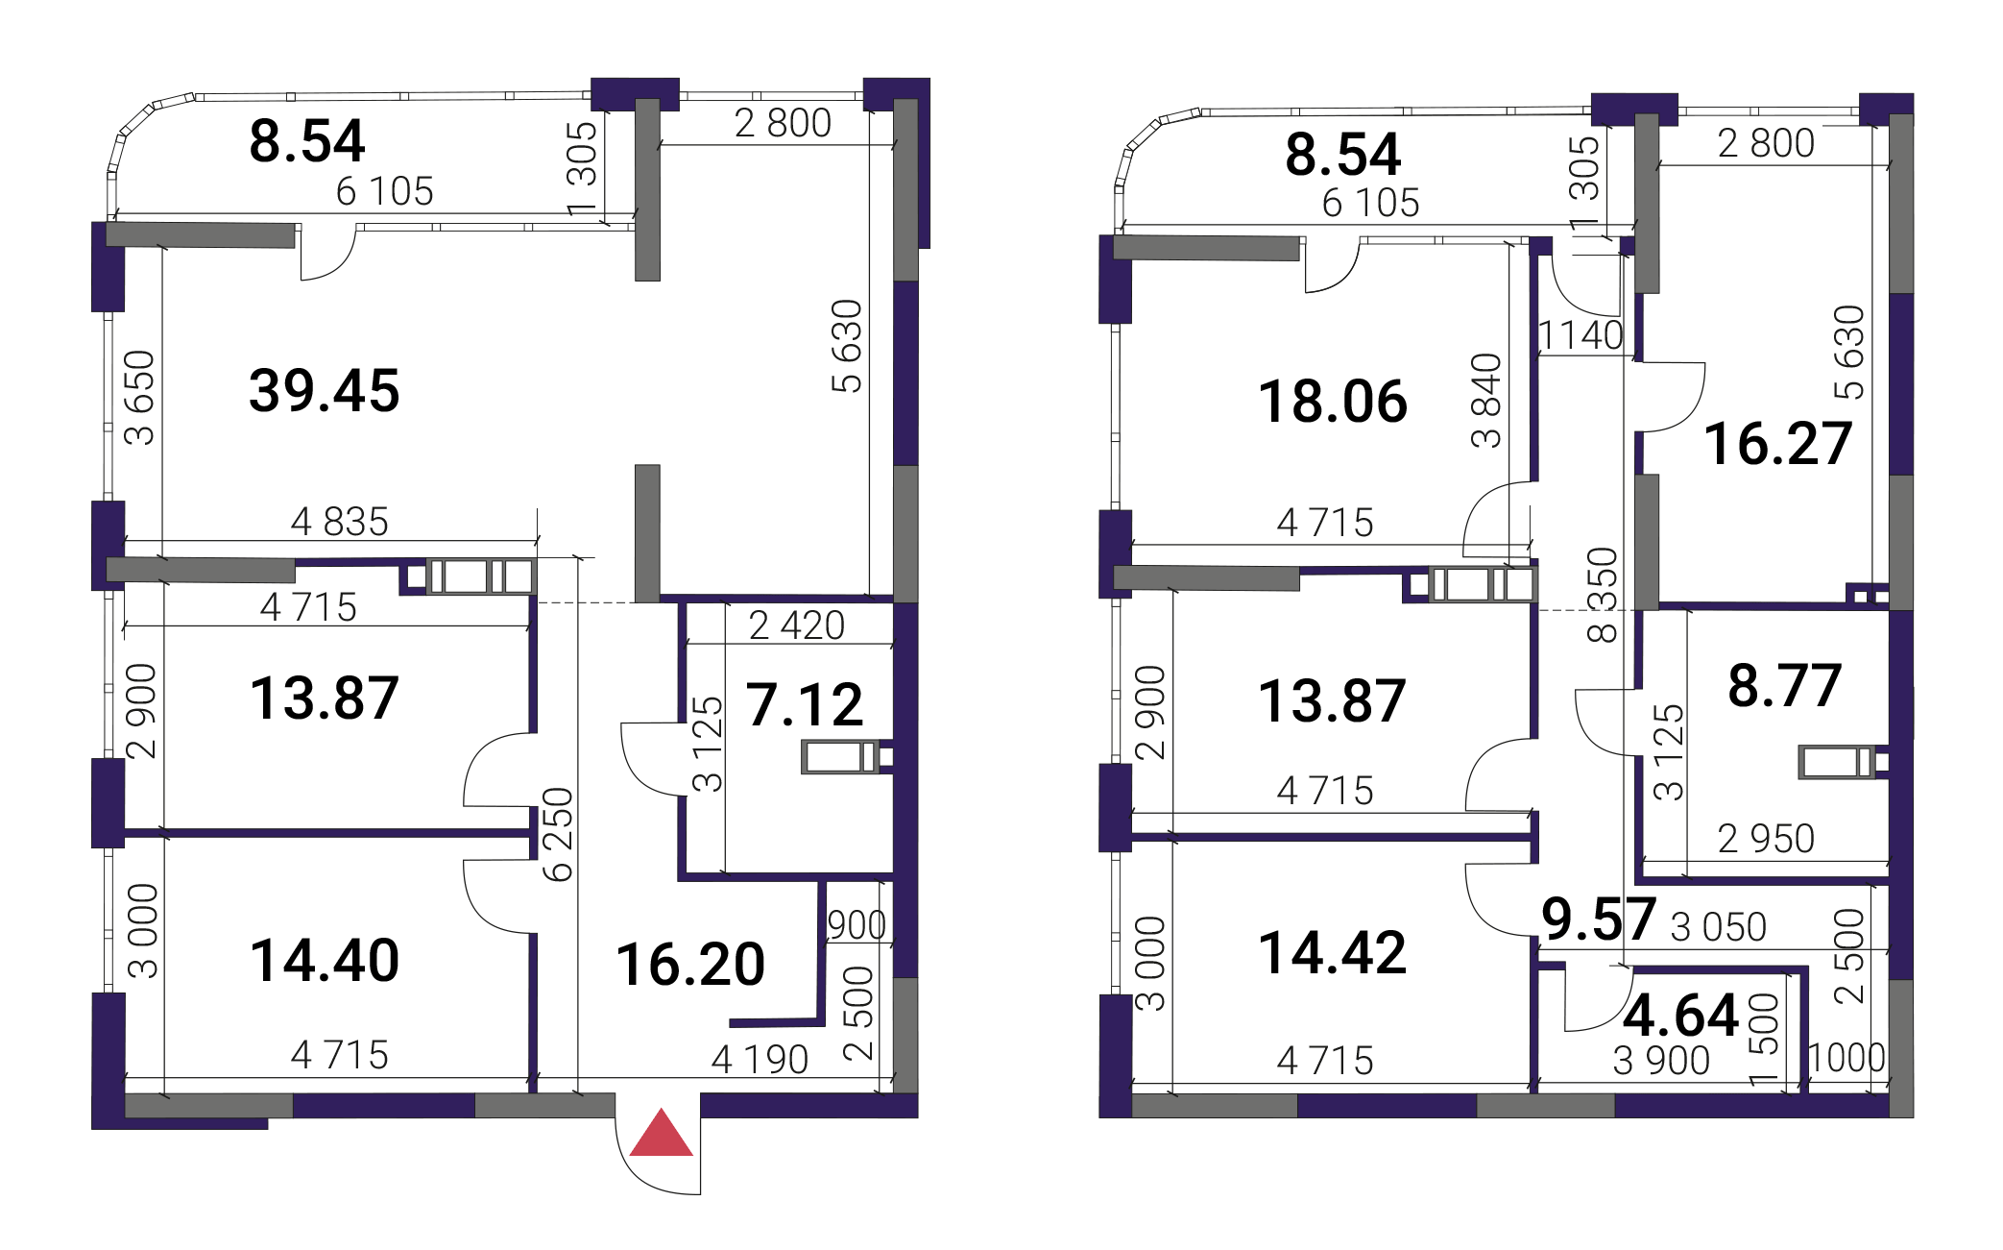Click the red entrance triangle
coord(661,1135)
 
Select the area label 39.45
coord(325,391)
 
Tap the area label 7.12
coord(805,704)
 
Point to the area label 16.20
coord(690,965)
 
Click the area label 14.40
coord(325,961)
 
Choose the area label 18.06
coord(1333,402)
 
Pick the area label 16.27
coord(1778,444)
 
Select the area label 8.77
coord(1785,686)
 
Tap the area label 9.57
coord(1599,919)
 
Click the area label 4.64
coord(1681,1016)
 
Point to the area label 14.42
coord(1333,953)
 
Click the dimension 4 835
coord(340,522)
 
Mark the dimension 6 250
coord(558,834)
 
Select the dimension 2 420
coord(797,625)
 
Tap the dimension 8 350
coord(1603,595)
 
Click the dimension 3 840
coord(1486,401)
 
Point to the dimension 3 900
coord(1662,1061)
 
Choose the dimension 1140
coord(1581,335)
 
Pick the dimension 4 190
coord(760,1060)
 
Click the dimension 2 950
coord(1767,839)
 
